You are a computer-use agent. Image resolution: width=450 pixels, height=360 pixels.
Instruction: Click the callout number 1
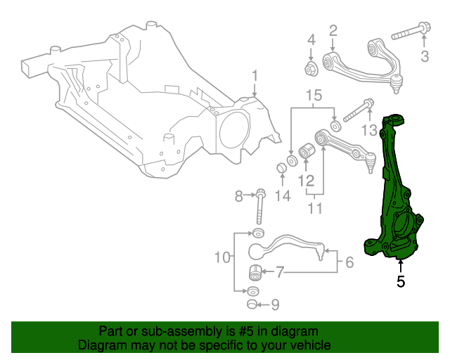[x=255, y=75]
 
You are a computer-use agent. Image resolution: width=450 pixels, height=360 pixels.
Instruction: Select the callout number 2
[x=333, y=30]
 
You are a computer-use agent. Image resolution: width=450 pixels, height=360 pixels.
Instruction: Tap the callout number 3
[x=425, y=56]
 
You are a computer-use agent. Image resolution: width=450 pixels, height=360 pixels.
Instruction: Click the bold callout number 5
[x=401, y=282]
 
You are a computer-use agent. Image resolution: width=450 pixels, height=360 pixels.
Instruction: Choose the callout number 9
[x=275, y=304]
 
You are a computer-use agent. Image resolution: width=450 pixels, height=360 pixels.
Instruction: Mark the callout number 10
[x=223, y=258]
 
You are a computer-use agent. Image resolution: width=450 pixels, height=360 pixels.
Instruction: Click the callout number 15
[x=314, y=95]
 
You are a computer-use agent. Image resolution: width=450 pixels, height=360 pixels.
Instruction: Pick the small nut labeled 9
[x=252, y=304]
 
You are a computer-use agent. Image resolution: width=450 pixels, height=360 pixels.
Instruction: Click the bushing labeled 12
[x=307, y=150]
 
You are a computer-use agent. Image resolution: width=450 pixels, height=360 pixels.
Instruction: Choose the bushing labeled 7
[x=256, y=271]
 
